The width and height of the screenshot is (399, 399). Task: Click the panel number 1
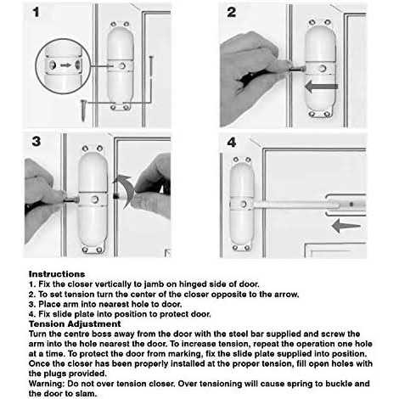pos(36,12)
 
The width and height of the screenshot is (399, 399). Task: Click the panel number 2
pos(232,12)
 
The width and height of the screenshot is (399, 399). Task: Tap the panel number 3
pos(37,141)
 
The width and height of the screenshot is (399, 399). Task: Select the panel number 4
pos(232,143)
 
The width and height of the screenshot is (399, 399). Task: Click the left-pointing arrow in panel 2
pos(321,87)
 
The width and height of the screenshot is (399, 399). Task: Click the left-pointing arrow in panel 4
pos(346,226)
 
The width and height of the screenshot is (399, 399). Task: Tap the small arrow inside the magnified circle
pos(65,65)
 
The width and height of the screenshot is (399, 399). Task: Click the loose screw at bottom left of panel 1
pos(84,110)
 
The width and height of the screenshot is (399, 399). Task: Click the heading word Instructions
pos(57,274)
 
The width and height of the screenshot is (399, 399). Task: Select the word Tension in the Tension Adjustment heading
pos(47,323)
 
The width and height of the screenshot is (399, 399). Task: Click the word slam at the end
pos(86,394)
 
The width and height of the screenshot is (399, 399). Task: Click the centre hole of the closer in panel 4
pos(243,204)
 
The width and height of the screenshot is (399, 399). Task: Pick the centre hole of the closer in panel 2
pos(323,68)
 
